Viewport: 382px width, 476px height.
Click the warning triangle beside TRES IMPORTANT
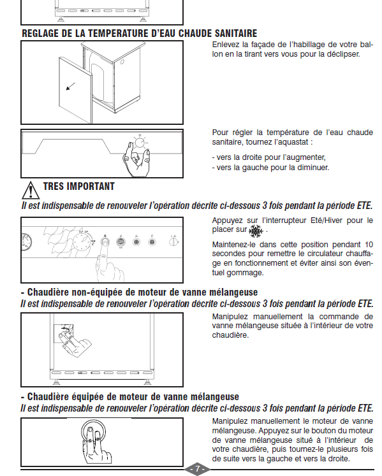[x=31, y=191]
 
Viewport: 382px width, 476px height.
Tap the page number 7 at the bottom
[x=197, y=469]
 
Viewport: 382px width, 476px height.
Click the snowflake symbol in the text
[x=256, y=231]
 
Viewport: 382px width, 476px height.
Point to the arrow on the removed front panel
[x=71, y=86]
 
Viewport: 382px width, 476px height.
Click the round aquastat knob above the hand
[x=140, y=142]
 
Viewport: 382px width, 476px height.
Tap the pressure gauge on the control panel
[x=26, y=242]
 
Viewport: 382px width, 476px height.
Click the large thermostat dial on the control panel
[x=82, y=243]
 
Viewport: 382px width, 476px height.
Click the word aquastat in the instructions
[x=296, y=142]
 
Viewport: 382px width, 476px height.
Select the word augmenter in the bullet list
[x=310, y=157]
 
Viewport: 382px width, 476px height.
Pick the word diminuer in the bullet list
[x=314, y=168]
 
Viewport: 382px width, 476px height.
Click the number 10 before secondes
[x=369, y=245]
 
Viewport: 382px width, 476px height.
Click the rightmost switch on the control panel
[x=173, y=242]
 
